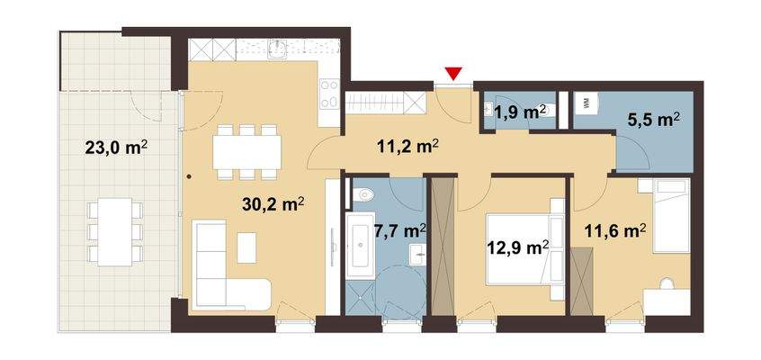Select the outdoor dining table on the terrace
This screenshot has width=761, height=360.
click(115, 232)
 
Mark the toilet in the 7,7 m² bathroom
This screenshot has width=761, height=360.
click(365, 193)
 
